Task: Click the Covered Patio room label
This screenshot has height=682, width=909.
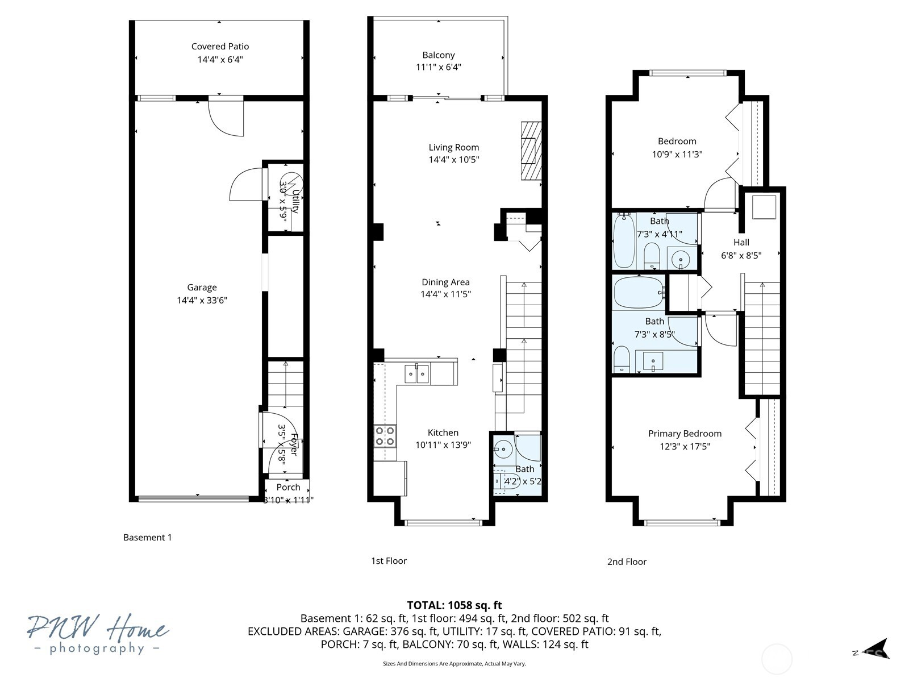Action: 220,47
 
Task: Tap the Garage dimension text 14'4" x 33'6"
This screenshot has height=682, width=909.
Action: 202,300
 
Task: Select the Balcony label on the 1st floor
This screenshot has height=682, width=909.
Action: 438,55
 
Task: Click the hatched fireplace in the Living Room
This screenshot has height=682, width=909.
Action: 531,151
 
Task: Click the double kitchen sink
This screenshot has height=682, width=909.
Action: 416,374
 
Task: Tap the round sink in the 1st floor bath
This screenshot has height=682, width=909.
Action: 503,449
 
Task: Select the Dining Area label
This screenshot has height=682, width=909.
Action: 445,282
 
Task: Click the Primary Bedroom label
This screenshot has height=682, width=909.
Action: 685,434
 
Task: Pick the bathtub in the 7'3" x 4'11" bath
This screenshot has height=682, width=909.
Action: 623,240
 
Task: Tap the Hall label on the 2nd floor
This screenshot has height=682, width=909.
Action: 741,242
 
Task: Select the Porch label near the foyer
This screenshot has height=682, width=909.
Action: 288,487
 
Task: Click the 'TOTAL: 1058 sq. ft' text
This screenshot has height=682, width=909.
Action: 454,605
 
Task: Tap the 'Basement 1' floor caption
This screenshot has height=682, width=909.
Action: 147,537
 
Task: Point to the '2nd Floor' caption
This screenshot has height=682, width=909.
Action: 627,562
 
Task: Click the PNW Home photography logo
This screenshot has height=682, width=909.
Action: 98,634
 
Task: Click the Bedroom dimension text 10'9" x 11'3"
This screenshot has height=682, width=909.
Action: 677,154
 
